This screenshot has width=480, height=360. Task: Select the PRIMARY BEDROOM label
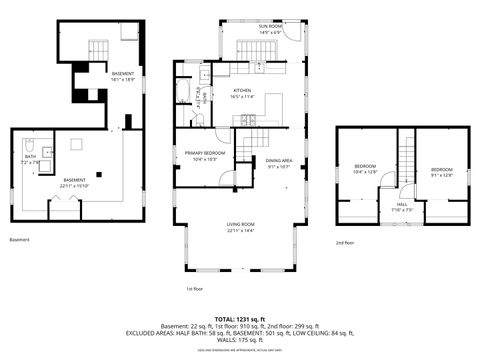[x=204, y=155]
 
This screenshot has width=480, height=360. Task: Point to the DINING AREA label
[x=278, y=163]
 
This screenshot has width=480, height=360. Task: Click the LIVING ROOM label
[x=240, y=227]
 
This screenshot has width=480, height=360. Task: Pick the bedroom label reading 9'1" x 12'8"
[x=441, y=172]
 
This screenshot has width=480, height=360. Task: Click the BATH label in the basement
[x=31, y=158]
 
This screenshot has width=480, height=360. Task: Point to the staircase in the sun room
[x=252, y=47]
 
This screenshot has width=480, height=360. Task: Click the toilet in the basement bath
[x=30, y=143]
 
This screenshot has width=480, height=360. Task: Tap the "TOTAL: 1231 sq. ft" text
[x=240, y=317]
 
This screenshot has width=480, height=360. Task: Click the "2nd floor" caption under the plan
[x=346, y=241]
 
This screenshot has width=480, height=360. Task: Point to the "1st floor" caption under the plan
[x=195, y=288]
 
